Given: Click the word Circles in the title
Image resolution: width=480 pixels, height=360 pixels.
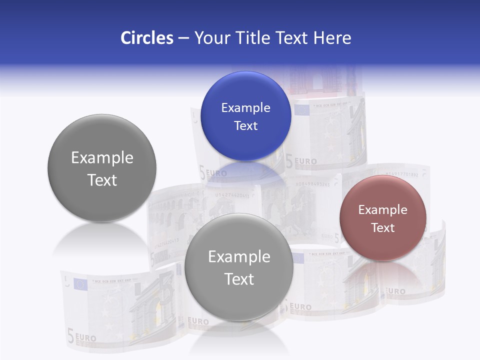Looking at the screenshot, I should coord(146,38).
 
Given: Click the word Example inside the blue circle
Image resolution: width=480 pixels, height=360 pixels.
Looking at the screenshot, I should coord(245,108).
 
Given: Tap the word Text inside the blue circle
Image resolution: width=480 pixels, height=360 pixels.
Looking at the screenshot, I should coord(245,125).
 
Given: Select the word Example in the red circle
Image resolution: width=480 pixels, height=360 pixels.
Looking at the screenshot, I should coord(382,210).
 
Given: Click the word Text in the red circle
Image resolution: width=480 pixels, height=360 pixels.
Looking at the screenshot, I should coord(382,227).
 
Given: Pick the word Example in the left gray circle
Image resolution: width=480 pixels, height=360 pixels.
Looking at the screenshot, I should coord(102,158).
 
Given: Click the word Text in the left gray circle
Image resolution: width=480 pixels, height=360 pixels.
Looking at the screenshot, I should coord(102,180).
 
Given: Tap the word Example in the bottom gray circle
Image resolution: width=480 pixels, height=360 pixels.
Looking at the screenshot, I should coord(239,257).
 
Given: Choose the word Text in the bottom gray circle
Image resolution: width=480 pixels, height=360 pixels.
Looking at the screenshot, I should coord(239,279).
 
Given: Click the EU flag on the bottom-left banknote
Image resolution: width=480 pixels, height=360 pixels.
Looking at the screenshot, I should coord(80,284).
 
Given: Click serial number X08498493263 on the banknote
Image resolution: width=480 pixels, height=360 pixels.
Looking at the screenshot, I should coord(312,184).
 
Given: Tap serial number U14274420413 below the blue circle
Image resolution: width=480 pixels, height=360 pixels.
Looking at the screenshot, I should coord(232,195).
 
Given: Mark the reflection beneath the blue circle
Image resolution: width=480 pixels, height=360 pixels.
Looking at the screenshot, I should coord(245,172).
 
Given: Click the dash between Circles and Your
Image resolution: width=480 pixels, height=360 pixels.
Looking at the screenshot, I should coord(183,38).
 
